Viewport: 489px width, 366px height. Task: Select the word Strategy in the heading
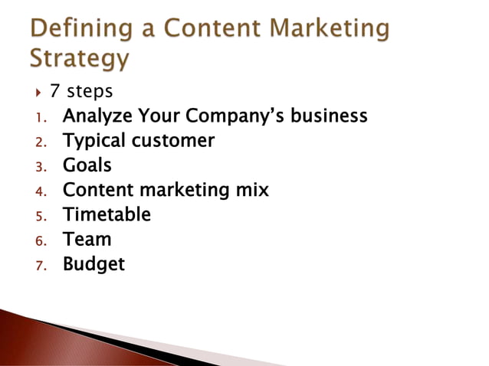pos(79,58)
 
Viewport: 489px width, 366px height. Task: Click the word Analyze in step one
pos(94,117)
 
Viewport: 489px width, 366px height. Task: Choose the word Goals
pos(87,165)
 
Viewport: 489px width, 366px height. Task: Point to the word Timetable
pos(107,214)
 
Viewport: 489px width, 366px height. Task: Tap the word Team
pos(87,239)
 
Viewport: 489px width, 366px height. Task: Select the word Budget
pos(93,264)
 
